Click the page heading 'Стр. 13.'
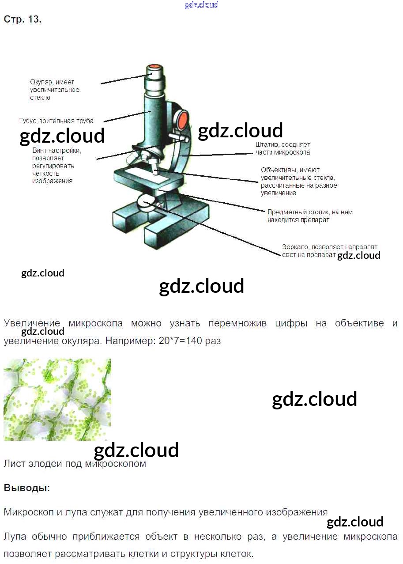pos(23,19)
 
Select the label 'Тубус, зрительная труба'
pos(56,121)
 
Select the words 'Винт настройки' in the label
pos(57,151)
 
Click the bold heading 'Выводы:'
pos(27,488)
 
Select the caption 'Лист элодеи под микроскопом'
pos(75,464)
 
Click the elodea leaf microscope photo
pos(57,400)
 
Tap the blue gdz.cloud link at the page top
pos(201,5)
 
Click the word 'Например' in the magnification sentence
pos(130,341)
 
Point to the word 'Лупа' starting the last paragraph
pos(15,536)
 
